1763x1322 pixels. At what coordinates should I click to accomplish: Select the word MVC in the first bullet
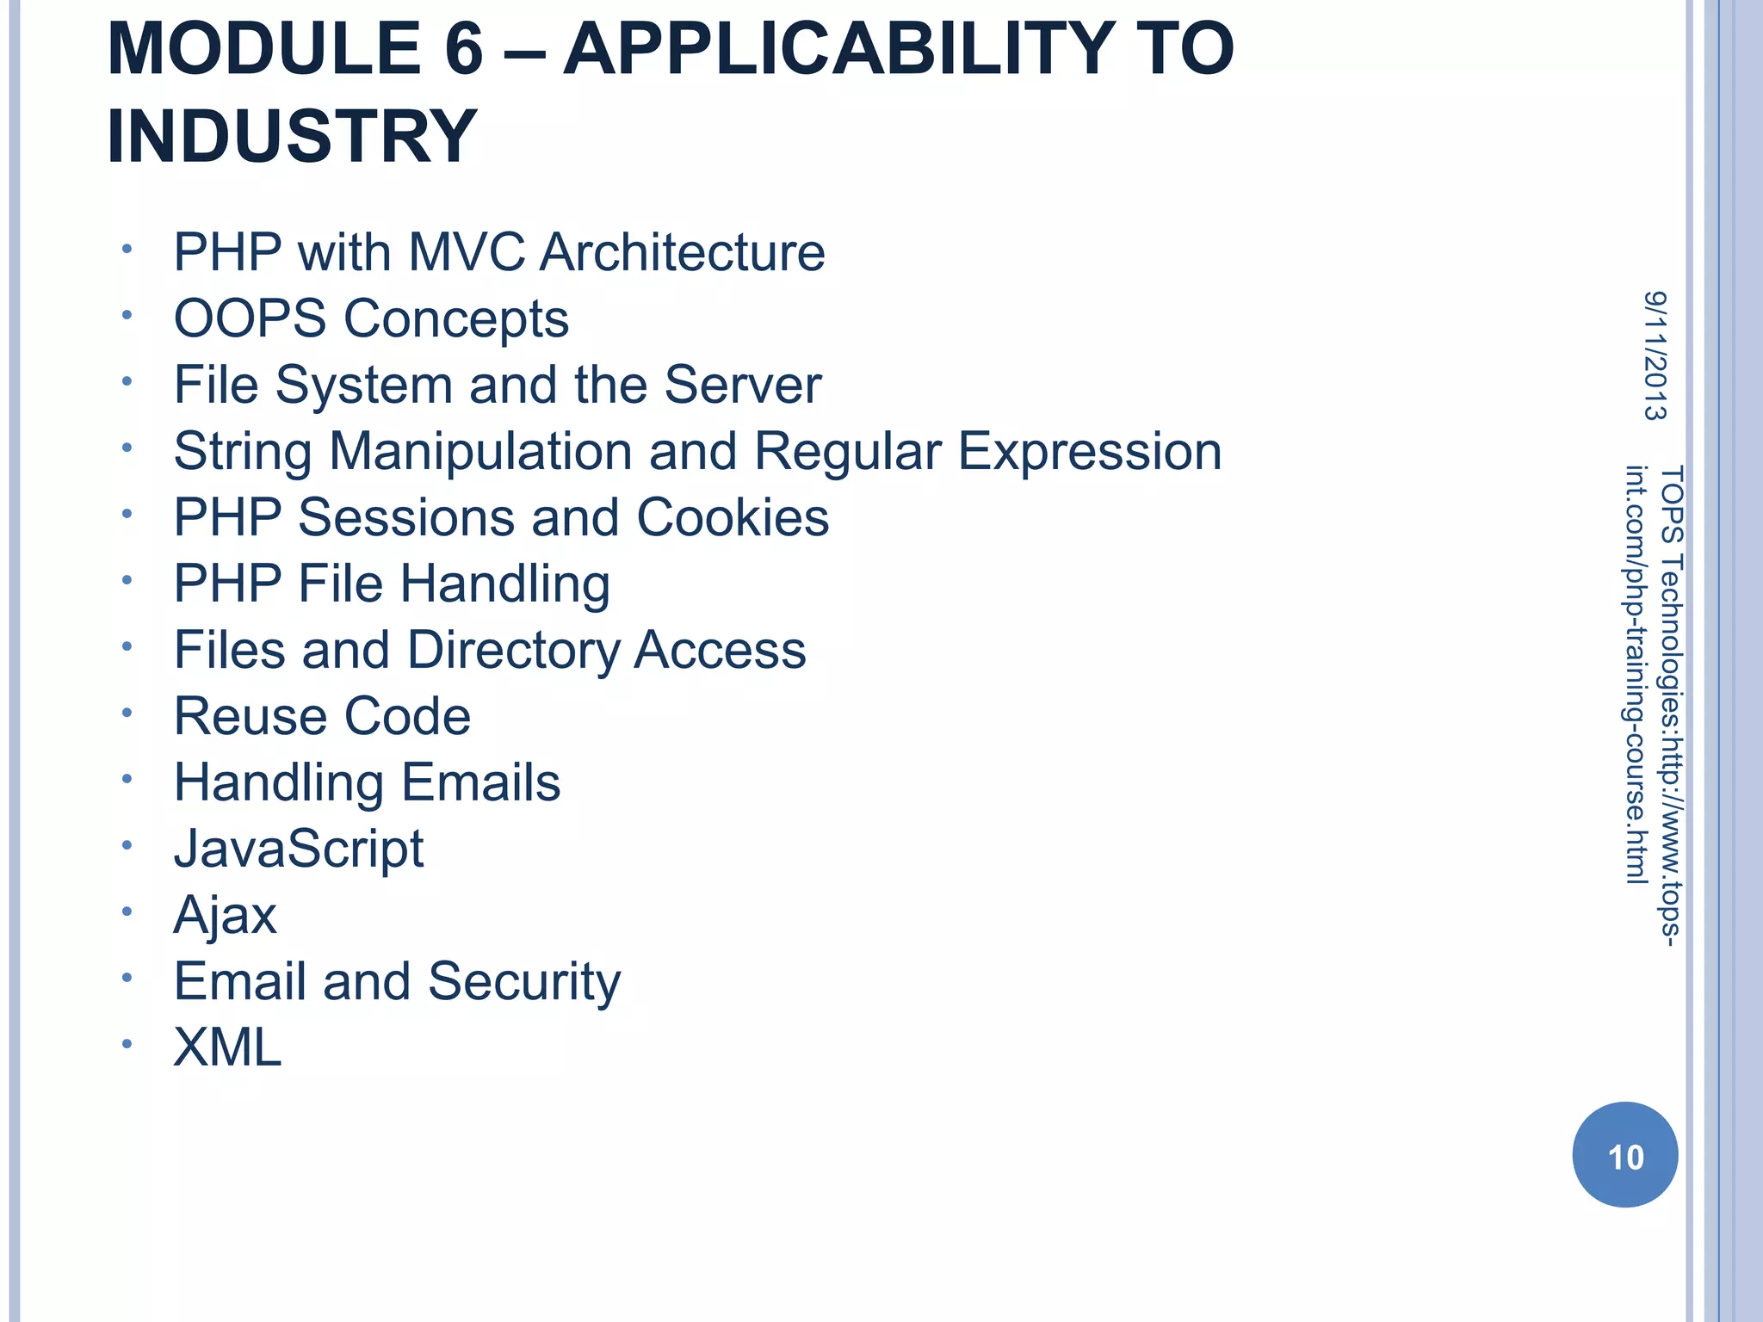(466, 252)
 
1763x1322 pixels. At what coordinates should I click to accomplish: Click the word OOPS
(250, 318)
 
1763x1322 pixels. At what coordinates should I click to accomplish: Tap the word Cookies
(733, 517)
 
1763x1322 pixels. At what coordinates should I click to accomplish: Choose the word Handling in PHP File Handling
(505, 584)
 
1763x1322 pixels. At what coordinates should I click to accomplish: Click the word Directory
(513, 650)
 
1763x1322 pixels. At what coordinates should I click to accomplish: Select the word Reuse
(250, 716)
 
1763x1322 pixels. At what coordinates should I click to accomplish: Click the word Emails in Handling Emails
(480, 782)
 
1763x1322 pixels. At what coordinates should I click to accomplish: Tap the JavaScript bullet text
(299, 849)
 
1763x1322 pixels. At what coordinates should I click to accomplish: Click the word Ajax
(225, 915)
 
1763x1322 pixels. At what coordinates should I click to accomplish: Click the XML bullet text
(227, 1047)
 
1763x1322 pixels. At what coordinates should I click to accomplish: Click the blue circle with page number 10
(1624, 1155)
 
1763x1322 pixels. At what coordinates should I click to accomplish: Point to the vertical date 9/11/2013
(1655, 355)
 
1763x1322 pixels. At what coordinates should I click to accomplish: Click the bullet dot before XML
(127, 1045)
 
